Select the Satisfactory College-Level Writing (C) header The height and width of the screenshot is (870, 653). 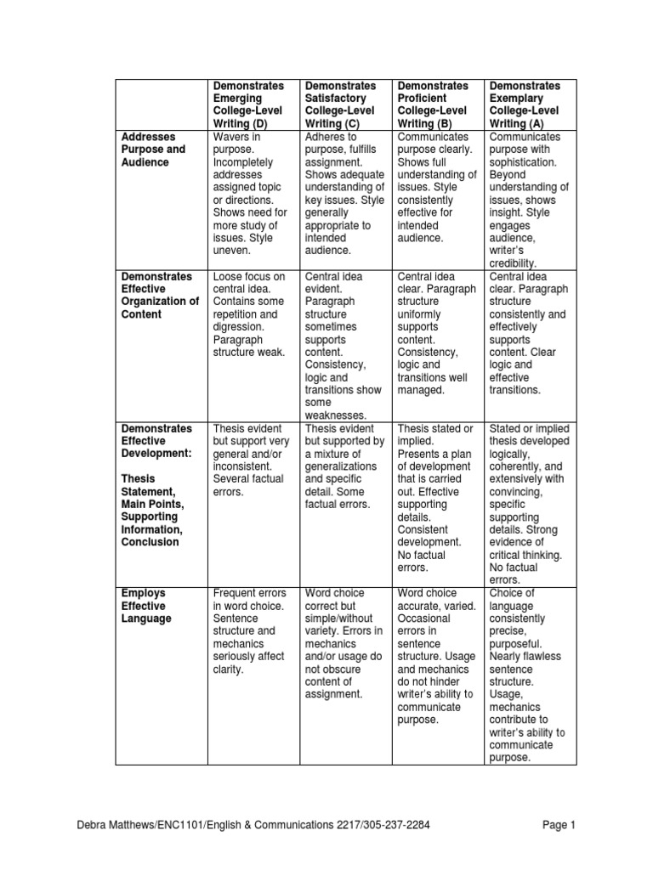(340, 105)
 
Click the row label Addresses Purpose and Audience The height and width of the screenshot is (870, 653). (152, 150)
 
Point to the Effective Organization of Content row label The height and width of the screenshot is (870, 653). (159, 296)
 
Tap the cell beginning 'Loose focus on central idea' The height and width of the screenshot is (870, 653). (249, 314)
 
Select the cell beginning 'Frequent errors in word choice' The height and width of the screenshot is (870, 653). (250, 631)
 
